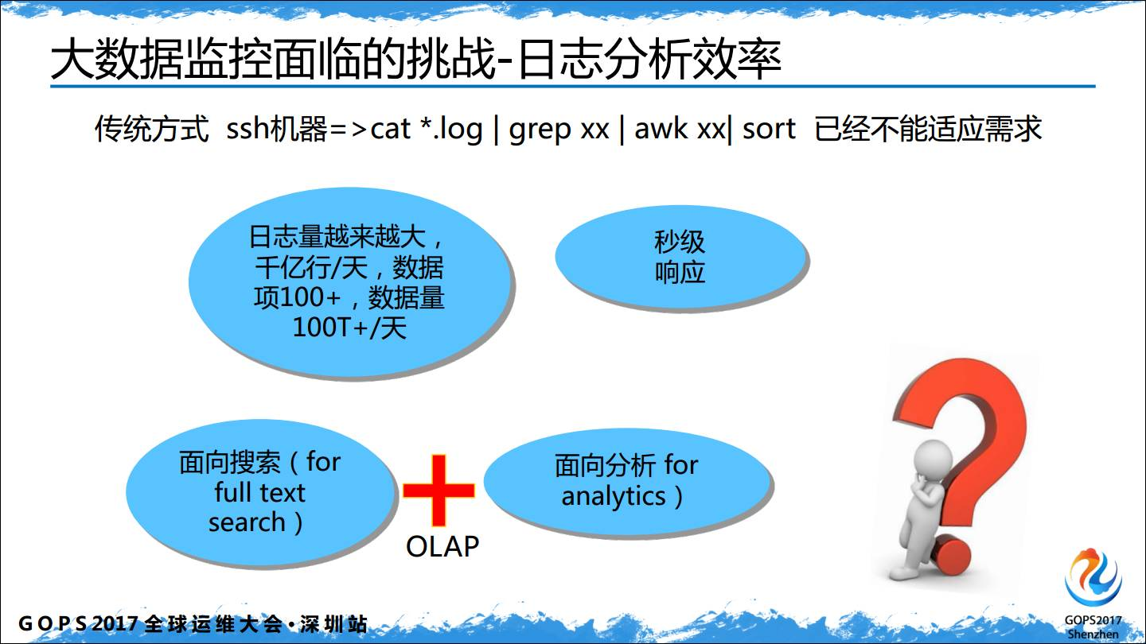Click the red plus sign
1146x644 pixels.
pos(439,490)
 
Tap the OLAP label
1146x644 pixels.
pos(442,546)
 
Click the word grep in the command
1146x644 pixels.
pos(540,130)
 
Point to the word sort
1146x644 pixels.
pos(769,129)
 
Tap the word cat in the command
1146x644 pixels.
pos(390,129)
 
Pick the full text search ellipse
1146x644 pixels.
pos(261,492)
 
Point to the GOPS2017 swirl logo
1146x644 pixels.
pos(1093,577)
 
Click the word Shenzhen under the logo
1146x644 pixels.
pos(1093,634)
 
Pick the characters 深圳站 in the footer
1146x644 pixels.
pos(333,624)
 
